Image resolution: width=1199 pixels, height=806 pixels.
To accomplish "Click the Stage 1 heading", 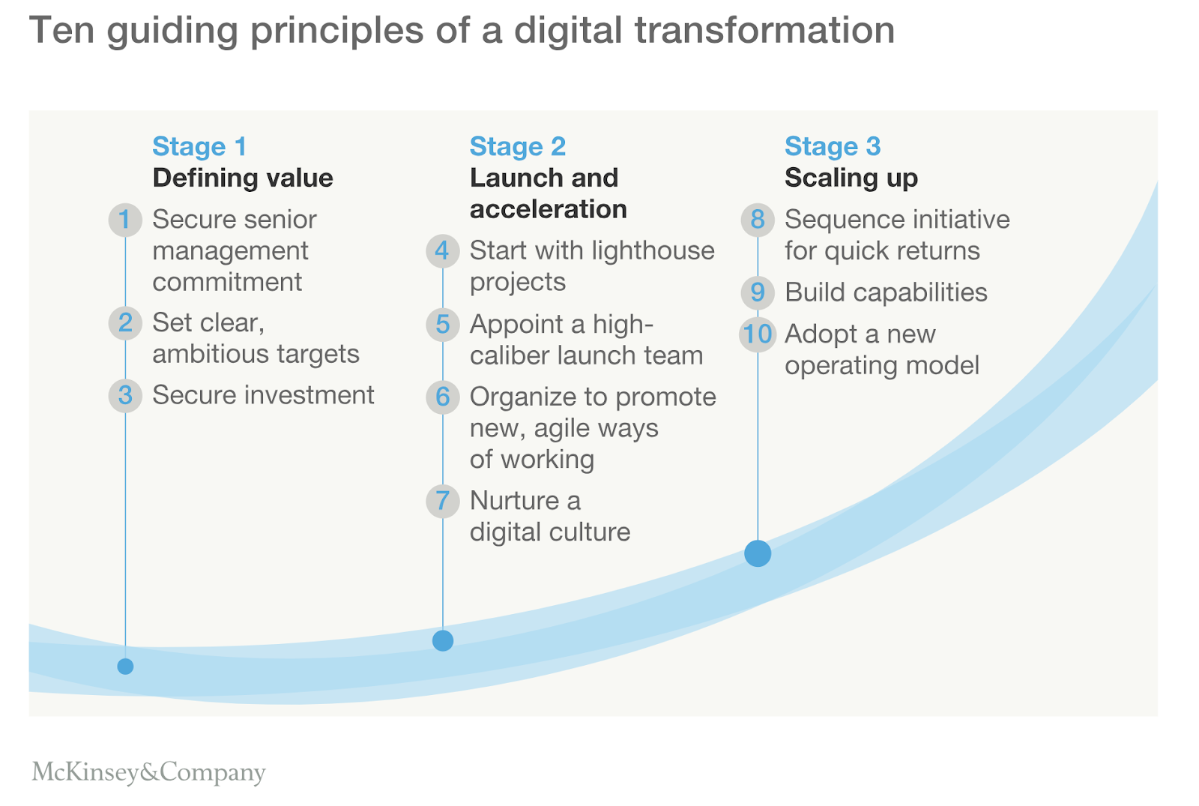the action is (199, 146).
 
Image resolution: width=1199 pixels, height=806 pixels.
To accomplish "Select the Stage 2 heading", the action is (518, 146).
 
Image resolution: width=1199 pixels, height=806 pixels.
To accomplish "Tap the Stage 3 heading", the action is (833, 146).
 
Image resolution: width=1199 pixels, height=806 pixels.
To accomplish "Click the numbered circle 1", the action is (125, 220).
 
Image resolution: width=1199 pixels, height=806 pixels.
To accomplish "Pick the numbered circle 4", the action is (443, 250).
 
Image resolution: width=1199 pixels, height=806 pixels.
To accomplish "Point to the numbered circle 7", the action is (443, 501).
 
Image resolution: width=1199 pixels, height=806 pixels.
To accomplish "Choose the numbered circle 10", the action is (758, 334).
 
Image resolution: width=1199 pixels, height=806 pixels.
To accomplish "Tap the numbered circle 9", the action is (758, 292).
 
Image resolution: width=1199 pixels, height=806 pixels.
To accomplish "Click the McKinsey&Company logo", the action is (148, 772).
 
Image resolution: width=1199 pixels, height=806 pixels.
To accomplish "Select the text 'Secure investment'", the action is (263, 395).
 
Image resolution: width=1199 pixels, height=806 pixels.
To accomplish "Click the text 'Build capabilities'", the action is (886, 292).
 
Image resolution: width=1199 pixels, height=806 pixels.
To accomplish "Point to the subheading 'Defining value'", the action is (243, 178).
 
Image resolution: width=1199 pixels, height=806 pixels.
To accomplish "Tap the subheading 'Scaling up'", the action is (851, 178).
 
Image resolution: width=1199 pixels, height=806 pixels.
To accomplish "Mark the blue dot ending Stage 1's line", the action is (125, 667).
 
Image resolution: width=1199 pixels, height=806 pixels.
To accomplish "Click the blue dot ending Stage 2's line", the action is (443, 640).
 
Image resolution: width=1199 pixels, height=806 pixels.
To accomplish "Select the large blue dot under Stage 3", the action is (758, 553).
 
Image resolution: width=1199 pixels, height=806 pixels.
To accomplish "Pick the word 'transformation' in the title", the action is (764, 30).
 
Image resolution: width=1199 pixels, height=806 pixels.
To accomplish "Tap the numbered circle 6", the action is (443, 397).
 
